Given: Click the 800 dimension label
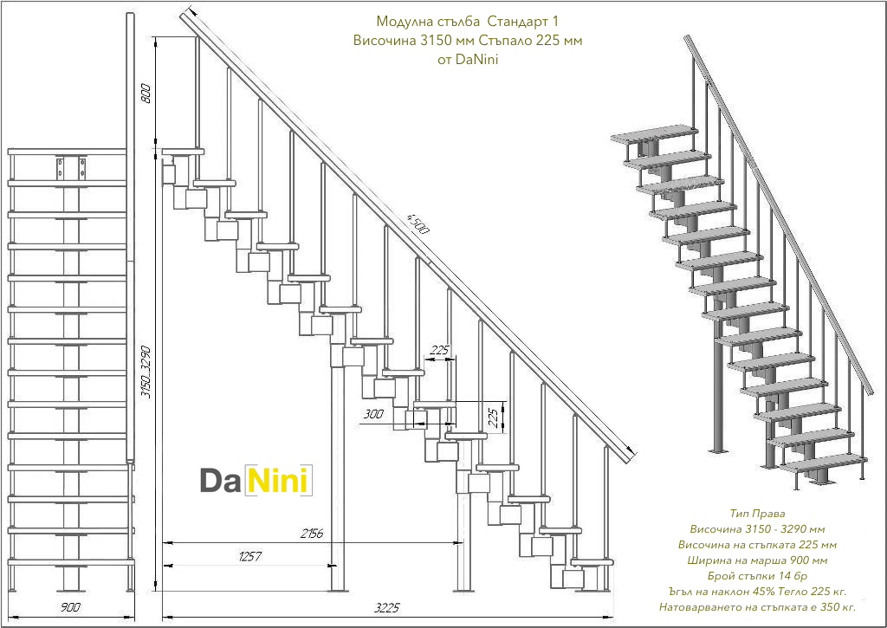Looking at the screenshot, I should tap(146, 94).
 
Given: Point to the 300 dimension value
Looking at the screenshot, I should tap(373, 414).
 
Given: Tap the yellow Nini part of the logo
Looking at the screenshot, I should tap(278, 481).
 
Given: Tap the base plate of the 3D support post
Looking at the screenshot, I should tap(716, 450).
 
